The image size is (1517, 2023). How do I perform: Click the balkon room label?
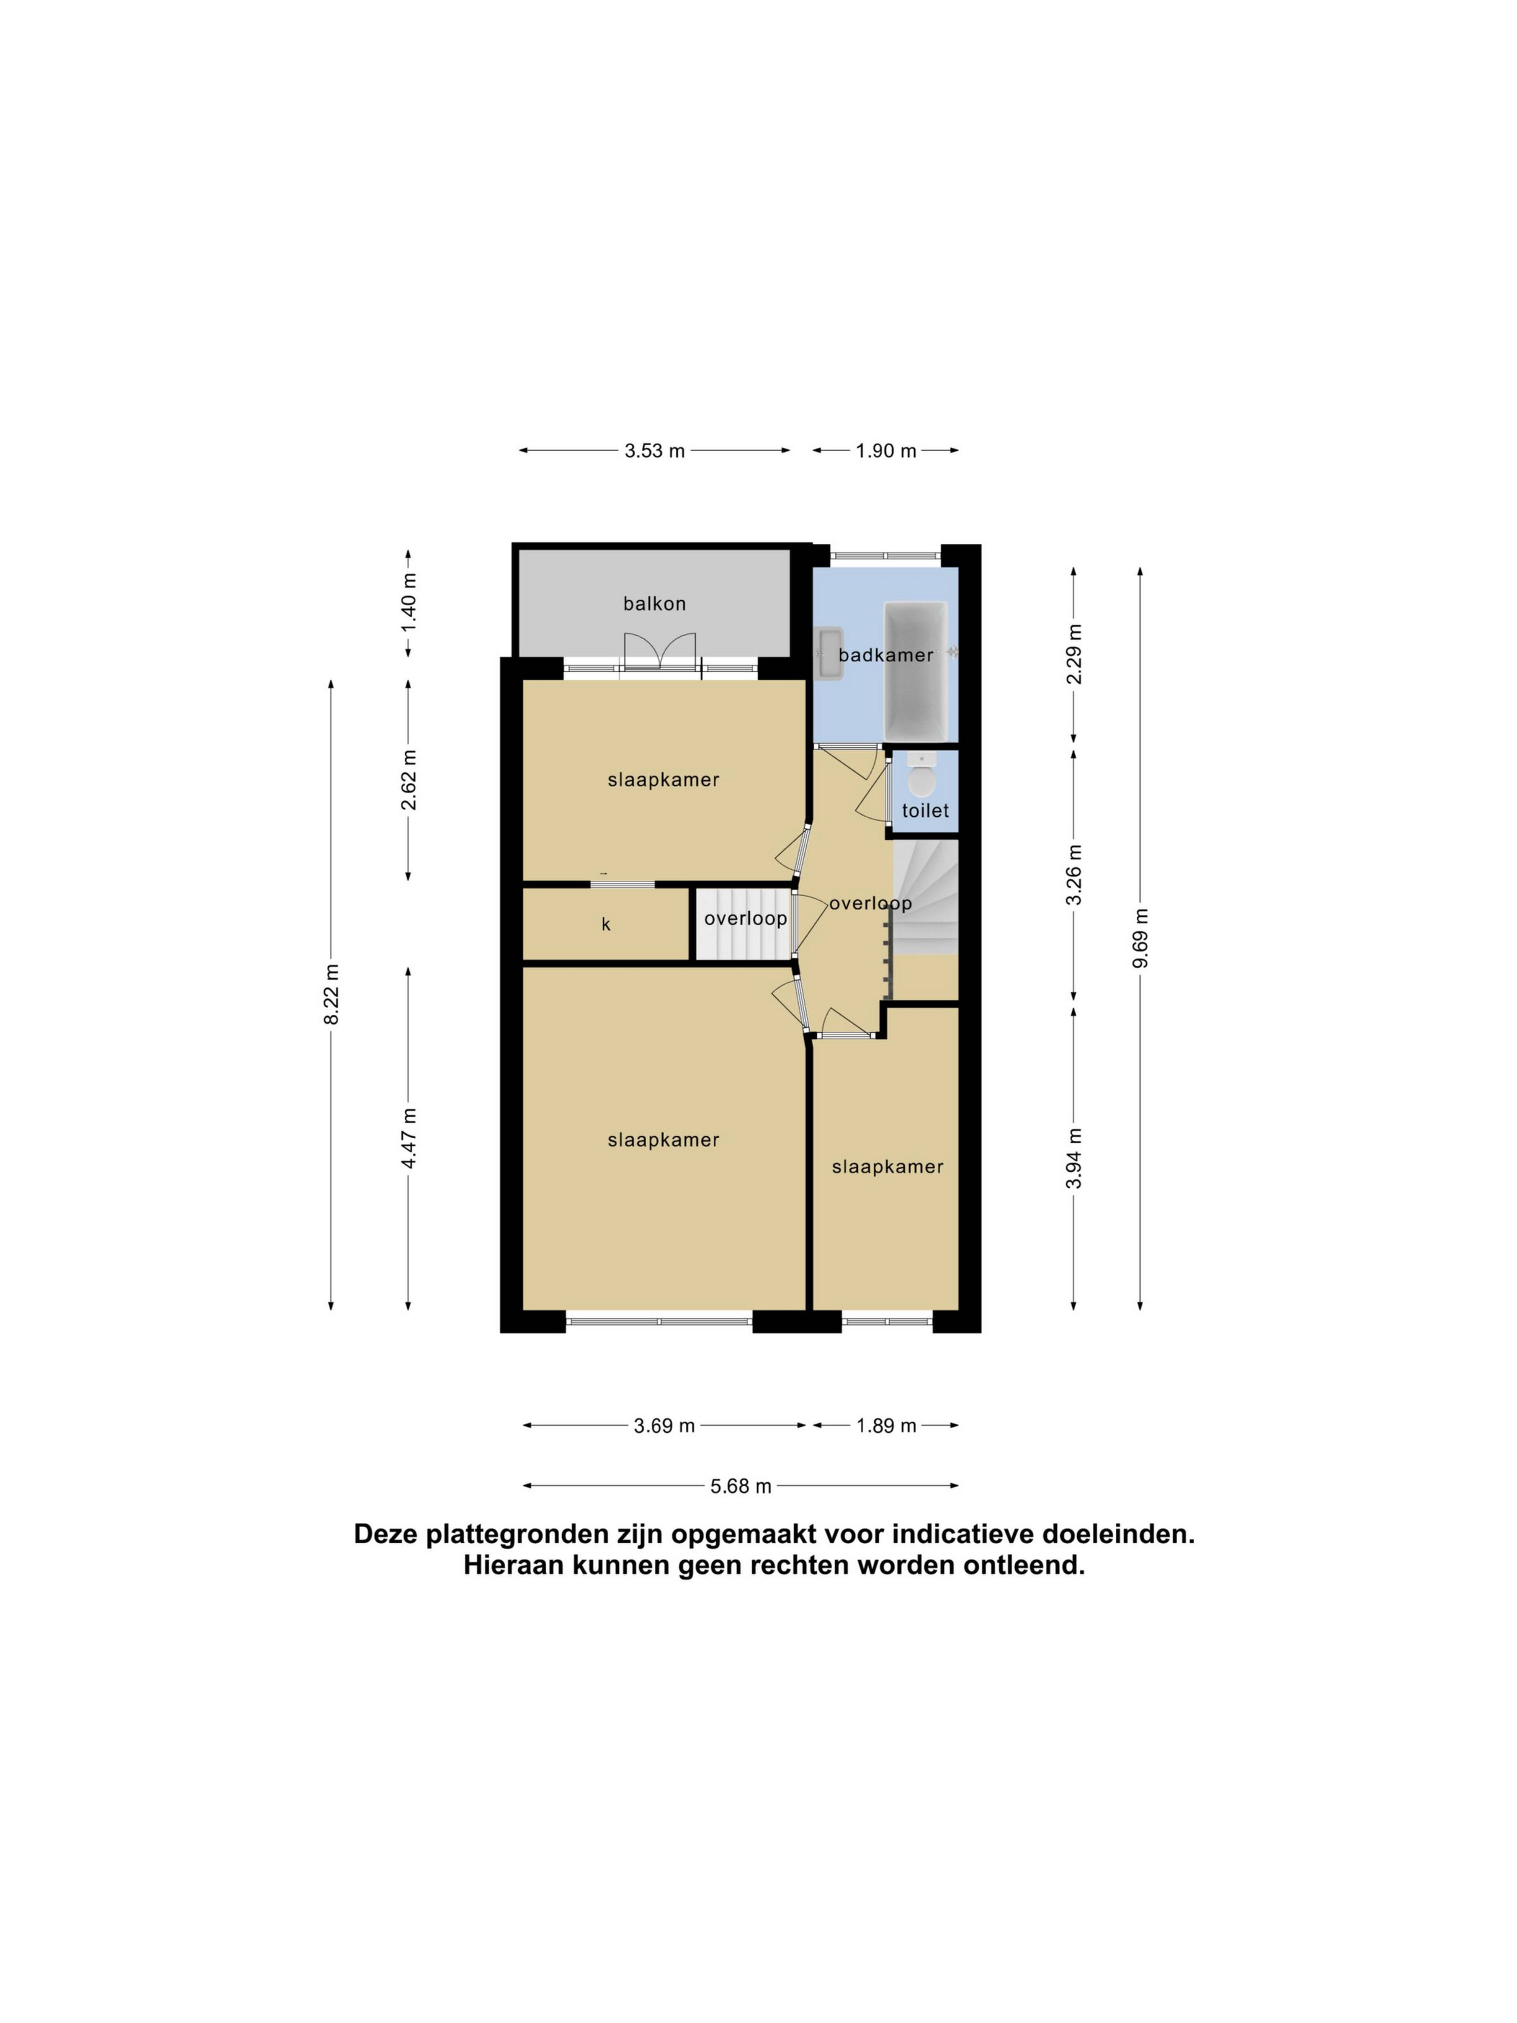[x=654, y=604]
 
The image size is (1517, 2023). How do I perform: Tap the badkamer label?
[x=885, y=655]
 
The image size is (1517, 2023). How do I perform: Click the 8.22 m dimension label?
[x=331, y=994]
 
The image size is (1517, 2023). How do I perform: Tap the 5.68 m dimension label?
[x=741, y=1486]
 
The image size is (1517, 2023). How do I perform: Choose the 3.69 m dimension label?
[x=664, y=1426]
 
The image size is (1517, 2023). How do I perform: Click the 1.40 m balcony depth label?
[x=409, y=602]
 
